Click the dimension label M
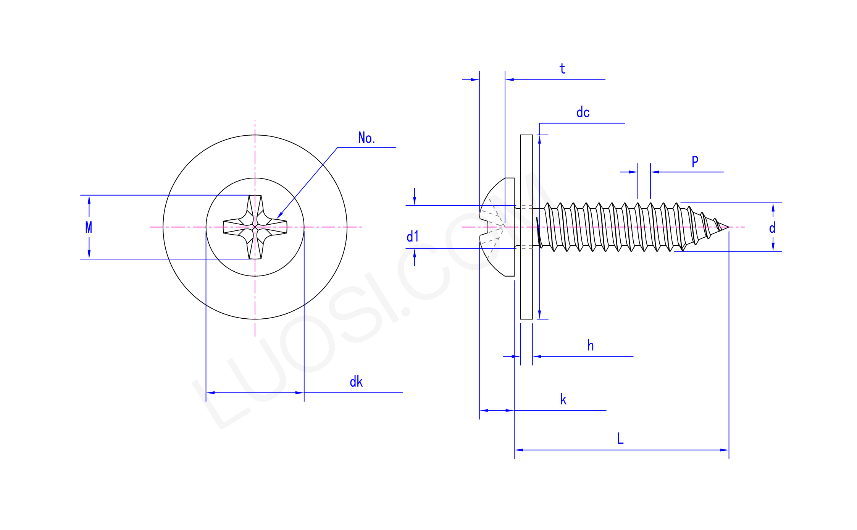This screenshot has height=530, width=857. pos(89,227)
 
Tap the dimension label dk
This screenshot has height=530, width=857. pos(356,382)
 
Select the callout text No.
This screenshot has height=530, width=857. pos(366,138)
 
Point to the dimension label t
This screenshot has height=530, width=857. pos(562,69)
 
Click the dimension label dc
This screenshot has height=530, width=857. pos(583,113)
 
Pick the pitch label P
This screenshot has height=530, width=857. pos(695,162)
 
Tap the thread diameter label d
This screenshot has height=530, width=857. pos(772,228)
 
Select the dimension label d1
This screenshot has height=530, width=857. pos(412,237)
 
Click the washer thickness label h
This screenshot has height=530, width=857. pos(590,346)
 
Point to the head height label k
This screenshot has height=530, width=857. pos(563,400)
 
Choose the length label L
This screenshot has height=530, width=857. pos(620,439)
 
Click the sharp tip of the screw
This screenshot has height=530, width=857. pos(728,227)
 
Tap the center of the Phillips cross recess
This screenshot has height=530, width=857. pos(255,227)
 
